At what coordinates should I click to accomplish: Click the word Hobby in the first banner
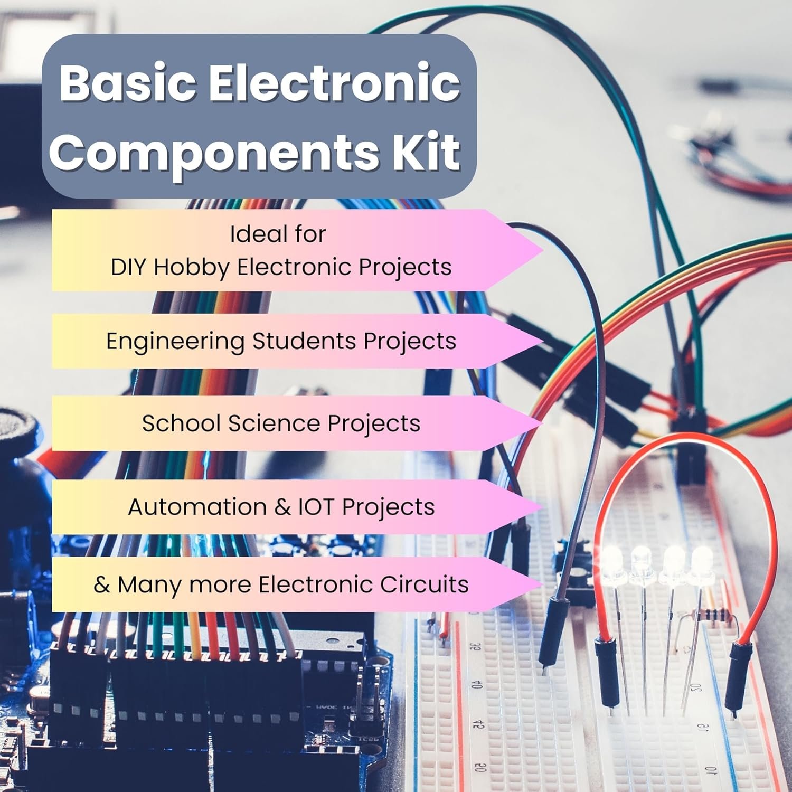[191, 267]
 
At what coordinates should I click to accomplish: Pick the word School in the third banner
[181, 423]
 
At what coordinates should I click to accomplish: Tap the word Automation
[197, 507]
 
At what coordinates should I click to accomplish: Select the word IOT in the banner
[316, 507]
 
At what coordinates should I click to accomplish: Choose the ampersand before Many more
[101, 584]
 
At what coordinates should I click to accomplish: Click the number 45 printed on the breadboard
[478, 724]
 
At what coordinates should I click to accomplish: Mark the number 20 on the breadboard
[696, 687]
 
